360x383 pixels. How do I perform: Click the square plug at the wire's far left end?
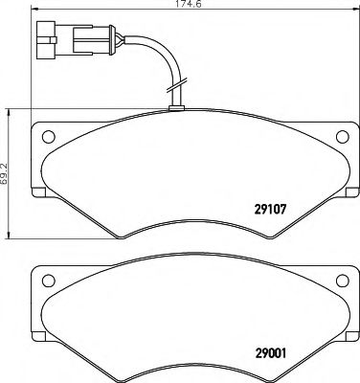44,41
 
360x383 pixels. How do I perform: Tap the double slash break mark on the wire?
172,94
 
